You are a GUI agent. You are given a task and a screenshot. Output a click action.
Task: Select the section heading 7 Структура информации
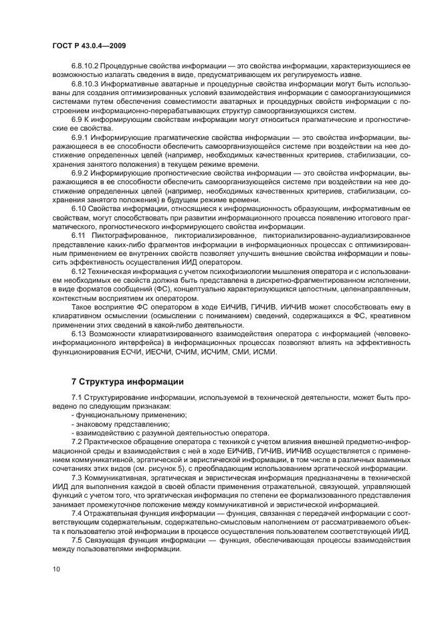(127, 382)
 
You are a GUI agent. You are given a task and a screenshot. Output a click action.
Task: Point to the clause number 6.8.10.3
(85, 85)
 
